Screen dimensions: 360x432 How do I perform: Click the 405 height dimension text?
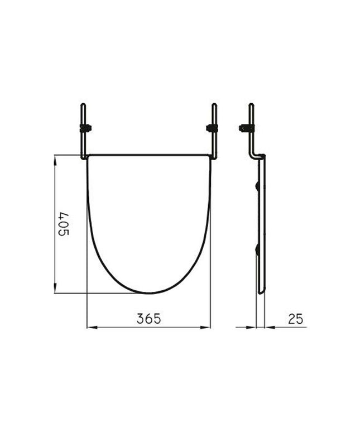pos(64,224)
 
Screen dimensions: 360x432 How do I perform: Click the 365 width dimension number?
pos(148,319)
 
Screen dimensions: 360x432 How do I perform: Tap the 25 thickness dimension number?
pos(296,319)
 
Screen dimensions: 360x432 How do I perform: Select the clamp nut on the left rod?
pos(85,128)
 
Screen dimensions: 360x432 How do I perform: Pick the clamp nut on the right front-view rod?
pos(212,128)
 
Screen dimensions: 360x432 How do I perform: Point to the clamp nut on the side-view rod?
pos(246,128)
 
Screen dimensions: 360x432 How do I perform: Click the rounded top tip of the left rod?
pos(83,104)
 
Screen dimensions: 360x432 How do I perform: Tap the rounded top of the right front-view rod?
pos(214,104)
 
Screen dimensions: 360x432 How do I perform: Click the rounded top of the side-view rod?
pos(251,104)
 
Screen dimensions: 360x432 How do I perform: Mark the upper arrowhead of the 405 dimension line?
pos(55,160)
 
